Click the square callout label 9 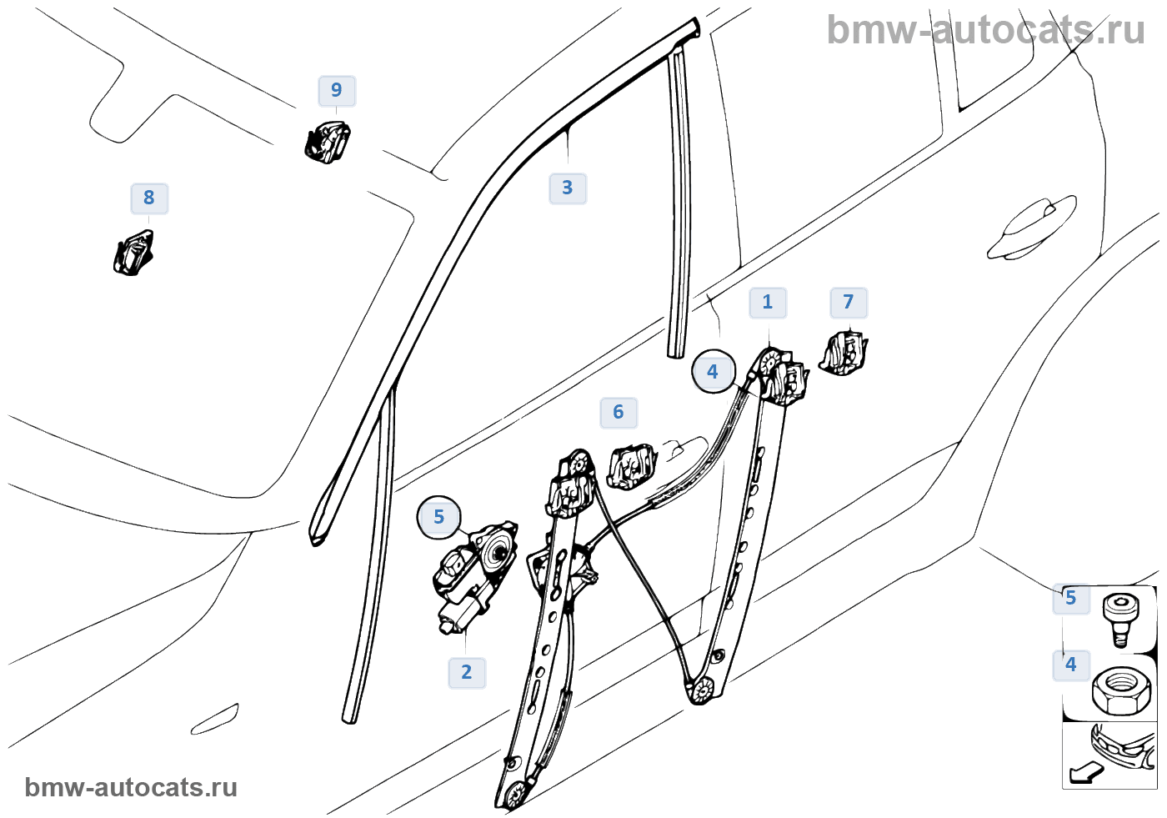coord(337,90)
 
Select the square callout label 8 coord(149,198)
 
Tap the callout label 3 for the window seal coord(568,188)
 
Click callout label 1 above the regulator coord(768,303)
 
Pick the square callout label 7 coord(849,303)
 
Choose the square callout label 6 coord(619,413)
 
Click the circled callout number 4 coord(713,372)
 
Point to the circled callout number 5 coord(439,518)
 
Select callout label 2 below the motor coord(467,672)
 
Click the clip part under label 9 coord(327,142)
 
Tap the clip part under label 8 coord(133,253)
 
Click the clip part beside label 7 coord(844,353)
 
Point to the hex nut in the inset coord(1121,690)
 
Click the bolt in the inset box coord(1120,616)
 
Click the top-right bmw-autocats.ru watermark coord(985,30)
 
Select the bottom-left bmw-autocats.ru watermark coord(131,787)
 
